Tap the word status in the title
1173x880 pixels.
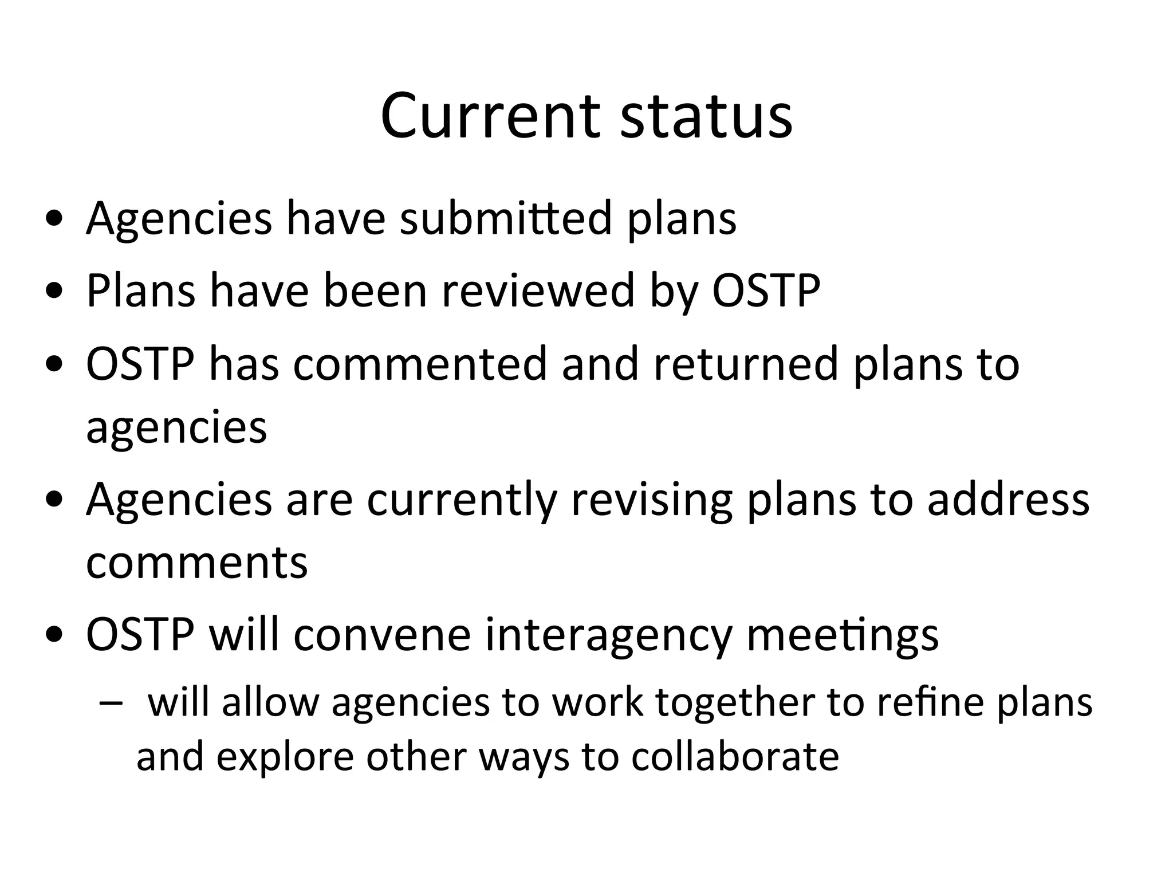click(706, 117)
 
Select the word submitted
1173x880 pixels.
click(506, 218)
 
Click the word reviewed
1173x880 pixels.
click(538, 291)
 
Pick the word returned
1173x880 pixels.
click(746, 364)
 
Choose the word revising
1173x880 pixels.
click(652, 499)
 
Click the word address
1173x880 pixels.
click(1008, 499)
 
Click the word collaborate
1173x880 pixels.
click(735, 757)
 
